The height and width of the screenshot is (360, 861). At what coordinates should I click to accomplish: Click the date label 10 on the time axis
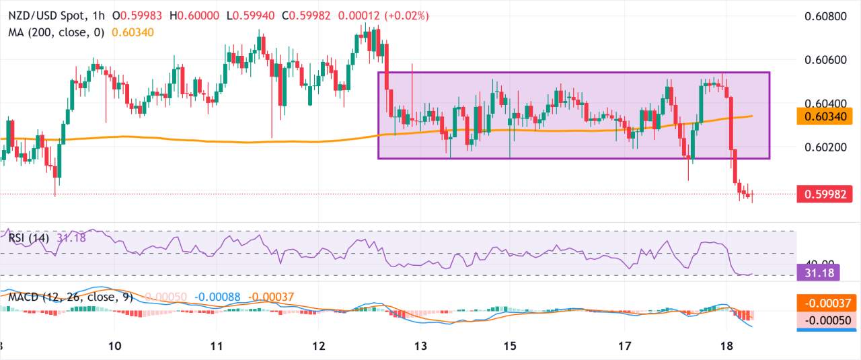click(x=114, y=346)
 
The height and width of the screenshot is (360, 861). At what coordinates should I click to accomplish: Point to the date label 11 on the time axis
click(x=217, y=346)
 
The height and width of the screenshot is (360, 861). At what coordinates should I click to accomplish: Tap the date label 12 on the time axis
click(x=319, y=346)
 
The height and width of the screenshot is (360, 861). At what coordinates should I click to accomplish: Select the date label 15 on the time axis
click(x=510, y=346)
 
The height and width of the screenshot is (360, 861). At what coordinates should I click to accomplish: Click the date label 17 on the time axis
click(x=625, y=346)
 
